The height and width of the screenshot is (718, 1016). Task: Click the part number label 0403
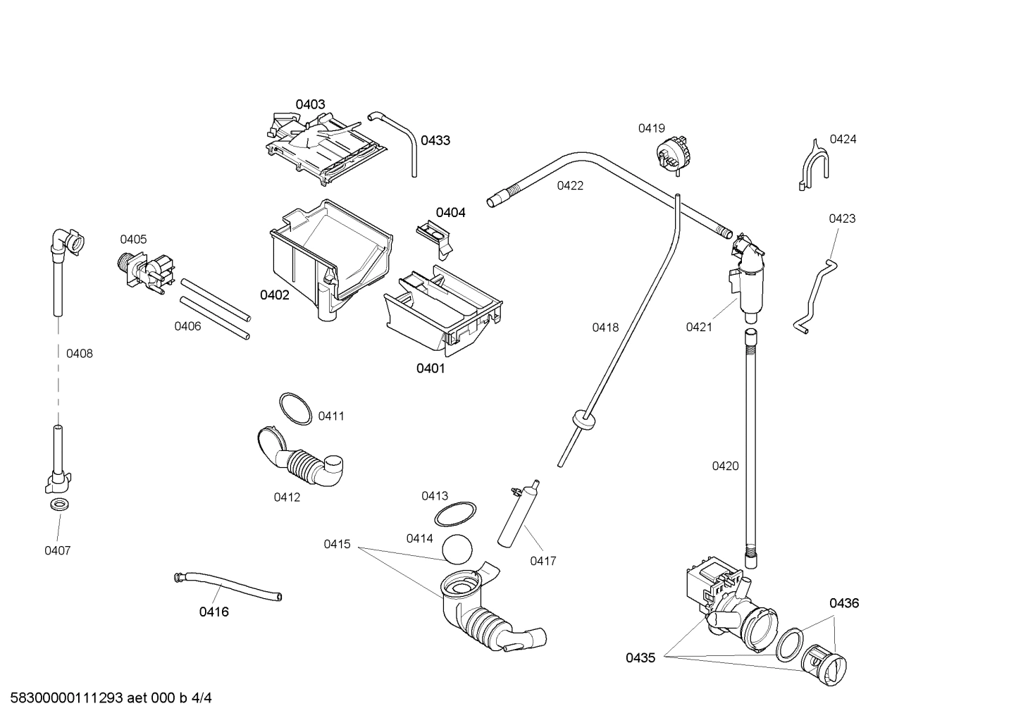click(310, 104)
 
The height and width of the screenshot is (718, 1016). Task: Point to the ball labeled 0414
click(457, 547)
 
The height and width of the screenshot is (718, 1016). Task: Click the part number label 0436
click(843, 603)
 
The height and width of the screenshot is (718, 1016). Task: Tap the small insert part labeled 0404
click(435, 234)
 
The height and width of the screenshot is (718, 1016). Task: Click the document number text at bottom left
click(106, 698)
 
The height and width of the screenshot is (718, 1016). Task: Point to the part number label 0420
click(725, 466)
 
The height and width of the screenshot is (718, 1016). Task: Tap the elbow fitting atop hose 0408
click(67, 242)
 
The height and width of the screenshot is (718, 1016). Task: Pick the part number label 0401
click(430, 368)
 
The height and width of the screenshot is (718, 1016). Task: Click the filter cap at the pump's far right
click(826, 664)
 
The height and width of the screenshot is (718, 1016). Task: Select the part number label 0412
click(287, 497)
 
